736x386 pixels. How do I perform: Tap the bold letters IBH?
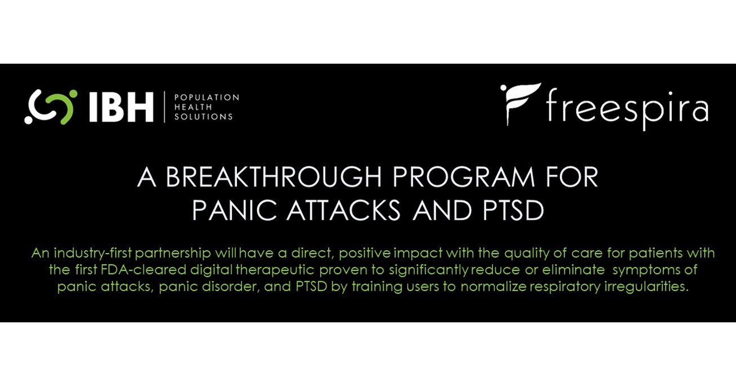pyautogui.click(x=121, y=107)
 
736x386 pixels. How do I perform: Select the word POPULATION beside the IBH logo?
pyautogui.click(x=206, y=97)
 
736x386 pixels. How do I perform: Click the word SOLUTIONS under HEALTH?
pyautogui.click(x=203, y=117)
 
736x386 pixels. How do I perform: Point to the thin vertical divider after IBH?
pyautogui.click(x=164, y=107)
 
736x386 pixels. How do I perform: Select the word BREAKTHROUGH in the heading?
pyautogui.click(x=271, y=178)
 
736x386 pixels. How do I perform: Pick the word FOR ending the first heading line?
pyautogui.click(x=571, y=178)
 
